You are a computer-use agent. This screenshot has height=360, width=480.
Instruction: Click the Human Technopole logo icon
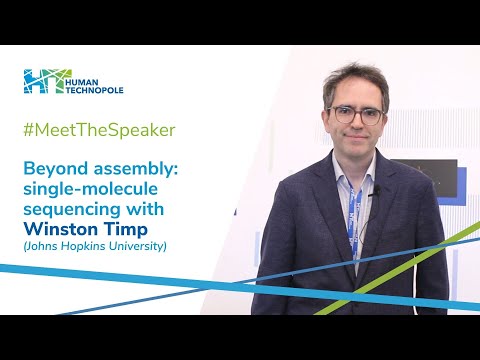(x=46, y=83)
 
